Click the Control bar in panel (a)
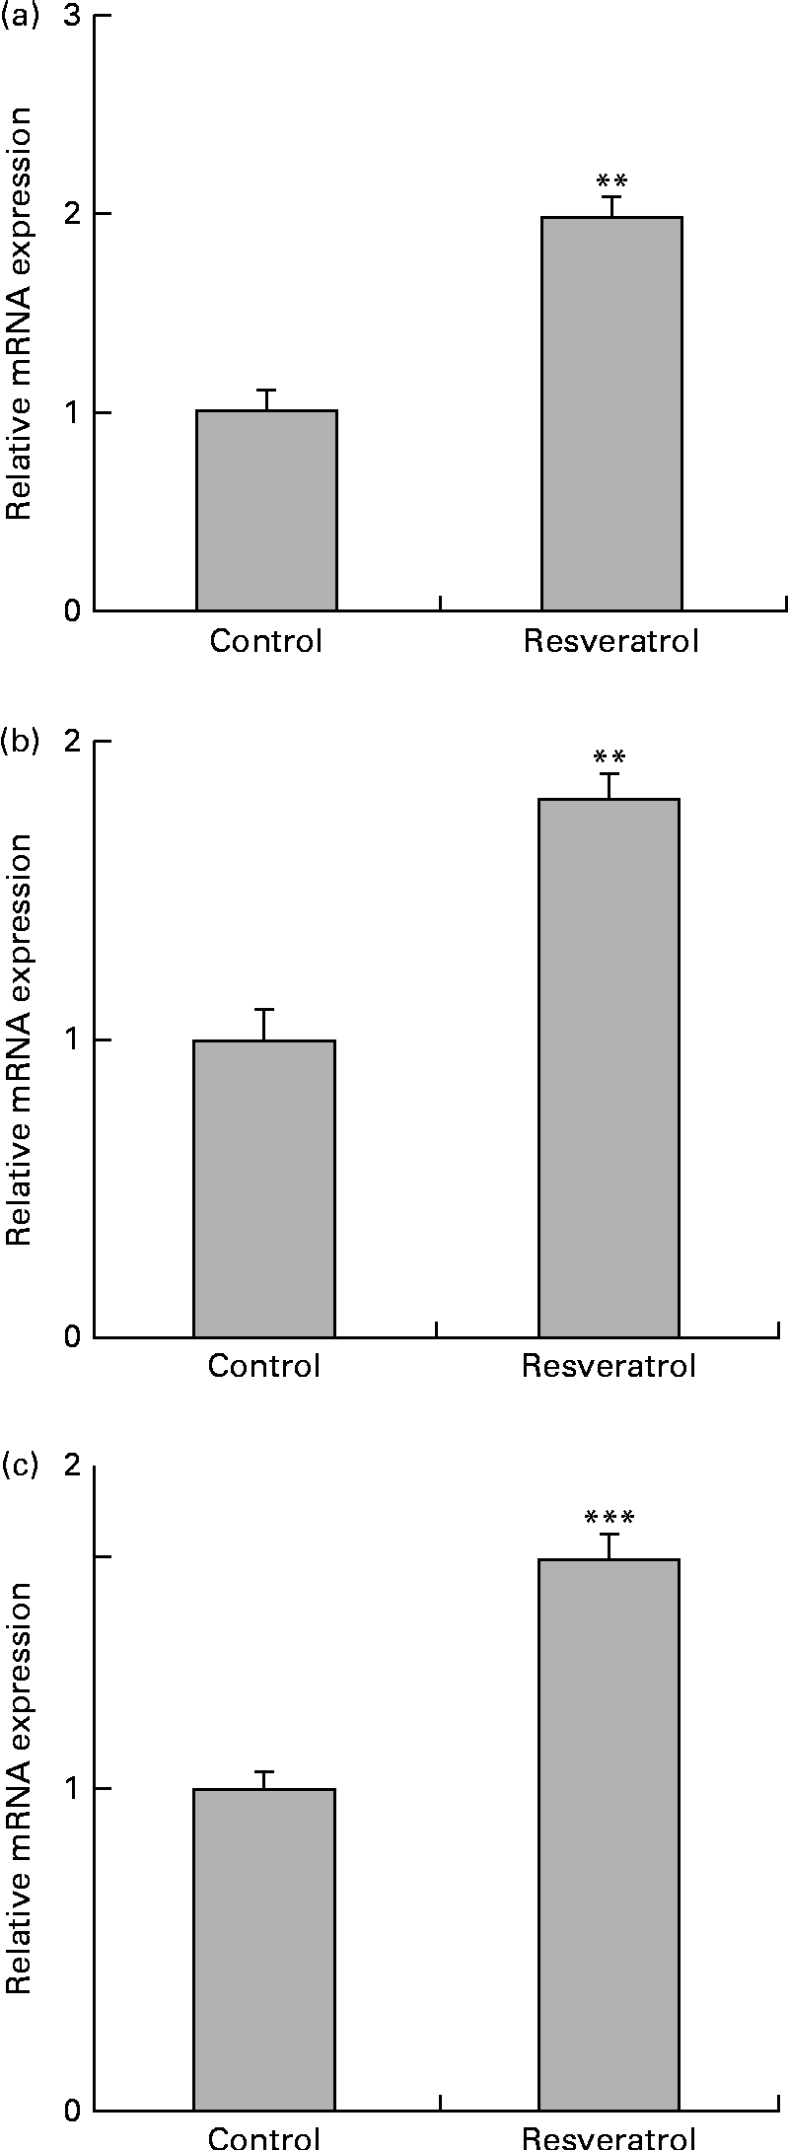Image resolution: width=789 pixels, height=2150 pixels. click(x=266, y=510)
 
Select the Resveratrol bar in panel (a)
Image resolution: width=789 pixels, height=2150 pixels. click(x=611, y=413)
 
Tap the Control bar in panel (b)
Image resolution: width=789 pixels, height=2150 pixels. click(x=263, y=1188)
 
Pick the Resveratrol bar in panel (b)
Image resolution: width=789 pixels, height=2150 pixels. click(x=609, y=1068)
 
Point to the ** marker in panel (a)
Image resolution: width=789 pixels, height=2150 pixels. click(x=611, y=181)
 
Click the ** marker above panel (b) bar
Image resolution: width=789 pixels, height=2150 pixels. click(x=609, y=757)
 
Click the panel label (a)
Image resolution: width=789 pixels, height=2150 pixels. click(x=19, y=17)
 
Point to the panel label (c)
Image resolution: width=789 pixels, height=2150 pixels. click(x=19, y=1467)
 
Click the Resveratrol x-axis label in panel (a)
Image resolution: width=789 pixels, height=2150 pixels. click(x=611, y=642)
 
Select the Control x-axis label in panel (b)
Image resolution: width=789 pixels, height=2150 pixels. click(x=263, y=1366)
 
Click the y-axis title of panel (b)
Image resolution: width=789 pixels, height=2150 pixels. click(x=20, y=1039)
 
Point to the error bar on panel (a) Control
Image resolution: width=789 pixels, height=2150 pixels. click(x=266, y=399)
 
